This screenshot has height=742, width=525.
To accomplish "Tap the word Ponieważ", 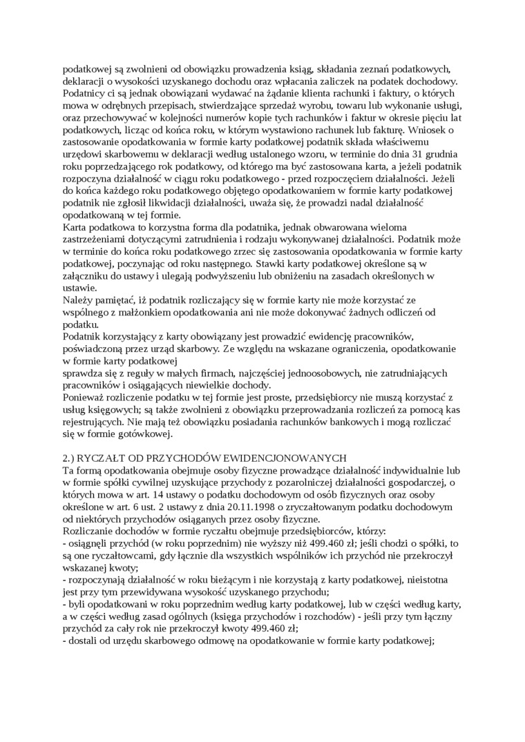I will pos(84,398).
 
